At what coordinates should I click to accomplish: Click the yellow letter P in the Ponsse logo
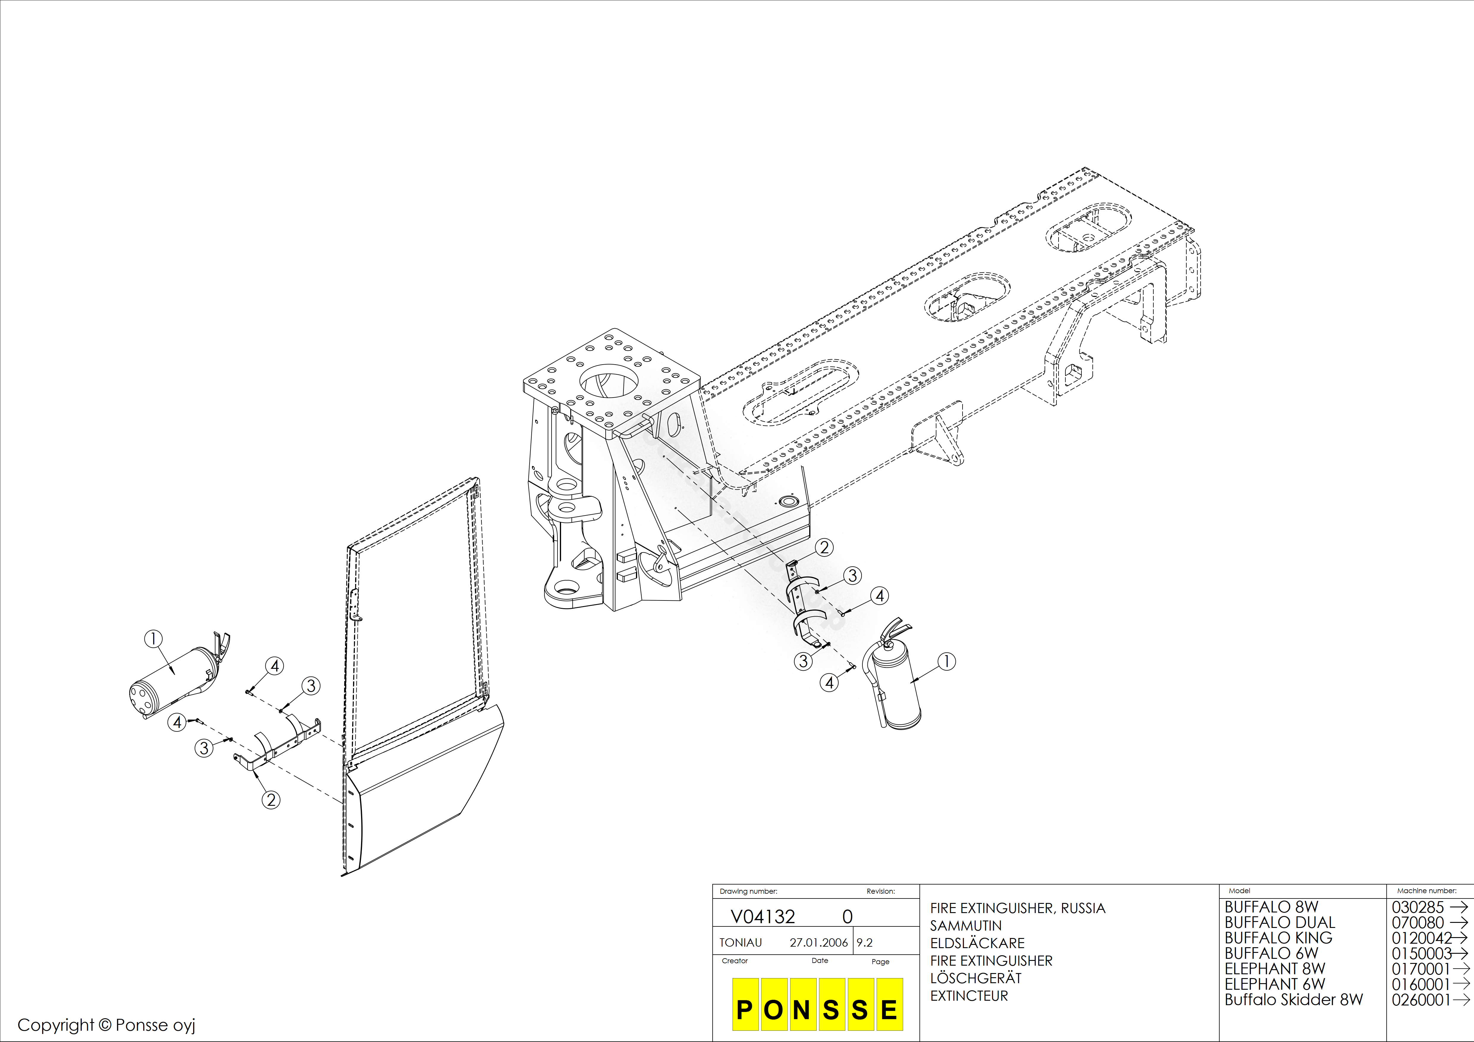pos(745,1010)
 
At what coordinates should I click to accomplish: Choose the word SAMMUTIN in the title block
pos(966,926)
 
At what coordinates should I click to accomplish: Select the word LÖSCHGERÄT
pos(976,978)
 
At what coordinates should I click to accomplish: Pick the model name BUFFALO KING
pos(1278,938)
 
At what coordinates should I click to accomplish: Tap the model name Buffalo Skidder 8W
pos(1294,1000)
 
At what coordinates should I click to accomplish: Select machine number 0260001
pos(1421,1000)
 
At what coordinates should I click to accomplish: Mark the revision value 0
pos(848,917)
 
